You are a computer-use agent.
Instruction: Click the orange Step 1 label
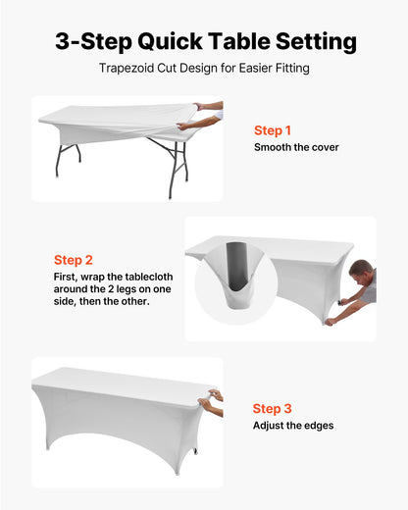[273, 130]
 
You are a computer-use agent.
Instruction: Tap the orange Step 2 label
[74, 260]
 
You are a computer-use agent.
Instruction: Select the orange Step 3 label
[272, 408]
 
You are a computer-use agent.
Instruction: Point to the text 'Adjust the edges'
[293, 426]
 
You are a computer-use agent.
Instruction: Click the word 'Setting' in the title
[316, 42]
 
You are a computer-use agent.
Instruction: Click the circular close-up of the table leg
[233, 278]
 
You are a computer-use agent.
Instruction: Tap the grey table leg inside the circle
[232, 265]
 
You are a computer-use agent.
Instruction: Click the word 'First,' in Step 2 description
[68, 278]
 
